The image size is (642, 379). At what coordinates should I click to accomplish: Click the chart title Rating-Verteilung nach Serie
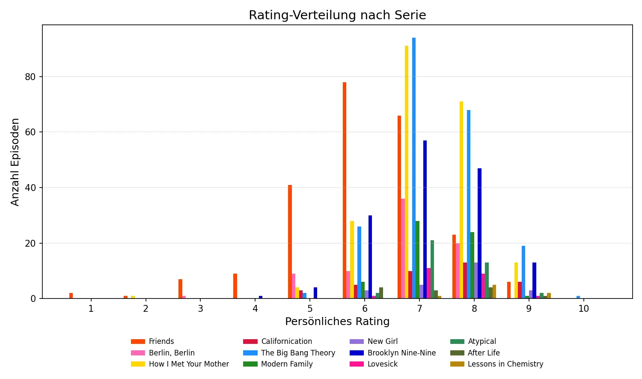click(337, 15)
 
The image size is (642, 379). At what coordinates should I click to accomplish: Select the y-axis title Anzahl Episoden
click(15, 162)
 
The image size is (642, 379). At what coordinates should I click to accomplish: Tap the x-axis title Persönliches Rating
click(337, 322)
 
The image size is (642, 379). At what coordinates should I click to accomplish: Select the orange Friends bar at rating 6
click(345, 190)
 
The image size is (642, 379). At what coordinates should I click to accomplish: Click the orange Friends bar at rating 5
click(290, 242)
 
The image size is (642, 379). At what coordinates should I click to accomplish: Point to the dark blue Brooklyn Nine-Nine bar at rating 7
click(425, 219)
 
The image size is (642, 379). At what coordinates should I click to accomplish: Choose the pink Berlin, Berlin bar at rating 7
click(403, 248)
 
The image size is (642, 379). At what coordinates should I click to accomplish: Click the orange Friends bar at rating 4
click(235, 286)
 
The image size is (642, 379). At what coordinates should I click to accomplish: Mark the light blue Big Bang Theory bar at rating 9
click(523, 272)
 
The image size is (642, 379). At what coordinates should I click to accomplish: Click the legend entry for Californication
click(286, 341)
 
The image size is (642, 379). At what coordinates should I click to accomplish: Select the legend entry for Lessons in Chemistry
click(505, 364)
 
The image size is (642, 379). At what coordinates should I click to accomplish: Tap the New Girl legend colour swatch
click(357, 341)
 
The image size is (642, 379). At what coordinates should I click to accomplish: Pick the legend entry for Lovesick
click(382, 364)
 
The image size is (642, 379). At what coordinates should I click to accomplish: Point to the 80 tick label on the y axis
click(30, 77)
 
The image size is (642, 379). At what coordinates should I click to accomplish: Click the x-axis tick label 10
click(584, 309)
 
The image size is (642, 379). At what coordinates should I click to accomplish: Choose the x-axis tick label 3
click(200, 309)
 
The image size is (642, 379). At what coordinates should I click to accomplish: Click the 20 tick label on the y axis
click(30, 243)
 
